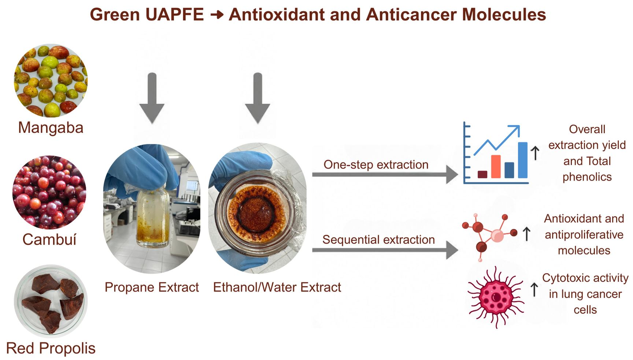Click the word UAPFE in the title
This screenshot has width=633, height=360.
tap(174, 15)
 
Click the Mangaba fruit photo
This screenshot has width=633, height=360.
tap(51, 81)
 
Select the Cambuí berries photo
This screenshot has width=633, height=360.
tap(49, 192)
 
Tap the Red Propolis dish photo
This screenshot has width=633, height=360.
tap(51, 301)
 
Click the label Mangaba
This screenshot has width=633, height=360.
tap(51, 128)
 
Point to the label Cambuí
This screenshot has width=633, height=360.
tap(49, 240)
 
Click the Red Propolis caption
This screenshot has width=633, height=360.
tap(51, 348)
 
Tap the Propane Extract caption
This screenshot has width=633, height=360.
tap(152, 287)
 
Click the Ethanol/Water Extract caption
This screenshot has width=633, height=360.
tap(277, 287)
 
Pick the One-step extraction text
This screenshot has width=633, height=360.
tap(376, 165)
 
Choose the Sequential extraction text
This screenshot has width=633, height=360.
tap(378, 240)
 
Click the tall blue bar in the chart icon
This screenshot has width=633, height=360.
tap(523, 160)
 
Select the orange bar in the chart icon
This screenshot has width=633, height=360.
tap(496, 167)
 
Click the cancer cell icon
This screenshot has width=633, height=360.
tap(496, 297)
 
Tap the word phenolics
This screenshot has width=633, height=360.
tap(587, 177)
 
